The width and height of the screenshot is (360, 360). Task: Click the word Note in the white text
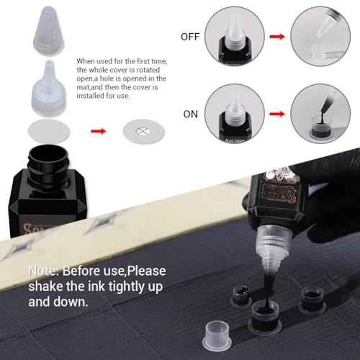44,271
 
